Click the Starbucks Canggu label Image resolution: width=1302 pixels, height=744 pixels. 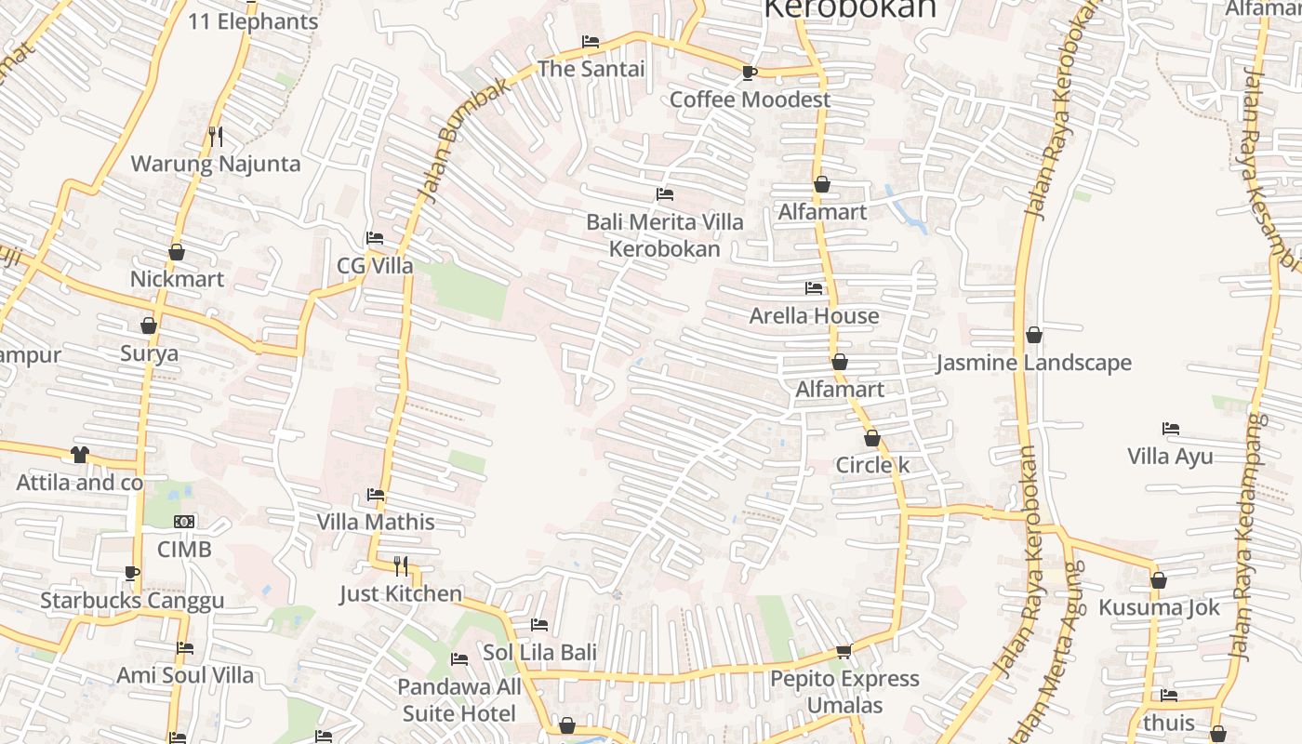coord(132,601)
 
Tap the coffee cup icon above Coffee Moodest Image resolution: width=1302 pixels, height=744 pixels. coord(750,73)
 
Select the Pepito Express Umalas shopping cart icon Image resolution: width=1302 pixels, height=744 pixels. coord(844,651)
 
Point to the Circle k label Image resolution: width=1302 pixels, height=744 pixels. coord(872,465)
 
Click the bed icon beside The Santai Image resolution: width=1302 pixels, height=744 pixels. coord(590,42)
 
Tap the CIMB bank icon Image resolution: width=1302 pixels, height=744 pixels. coord(184,522)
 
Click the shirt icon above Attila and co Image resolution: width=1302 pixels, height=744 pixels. coord(80,455)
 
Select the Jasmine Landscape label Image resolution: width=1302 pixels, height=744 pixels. coord(1033,363)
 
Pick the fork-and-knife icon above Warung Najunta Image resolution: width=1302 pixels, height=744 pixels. coord(216,137)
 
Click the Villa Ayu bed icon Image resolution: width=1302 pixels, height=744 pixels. coord(1171,429)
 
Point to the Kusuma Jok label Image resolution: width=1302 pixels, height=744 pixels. coord(1158,608)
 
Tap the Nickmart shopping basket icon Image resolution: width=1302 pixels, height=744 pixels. coord(177,252)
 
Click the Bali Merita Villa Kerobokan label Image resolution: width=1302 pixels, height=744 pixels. coord(664,235)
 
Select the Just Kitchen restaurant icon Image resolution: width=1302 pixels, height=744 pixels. coord(401,565)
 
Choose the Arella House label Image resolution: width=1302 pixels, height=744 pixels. coord(814,316)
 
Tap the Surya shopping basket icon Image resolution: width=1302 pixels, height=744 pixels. coord(149,325)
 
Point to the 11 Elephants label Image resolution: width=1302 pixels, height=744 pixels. coord(253,21)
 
